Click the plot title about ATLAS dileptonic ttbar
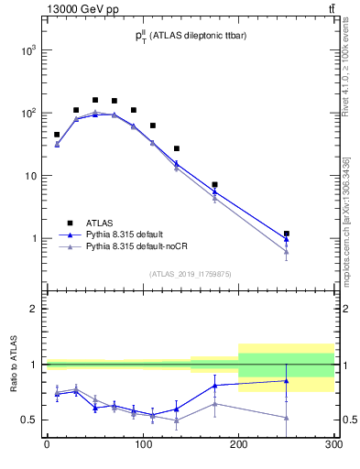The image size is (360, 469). click(x=189, y=37)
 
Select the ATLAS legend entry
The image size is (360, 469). click(x=100, y=223)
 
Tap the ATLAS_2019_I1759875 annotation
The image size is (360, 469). click(x=189, y=273)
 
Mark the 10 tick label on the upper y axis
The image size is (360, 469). click(x=29, y=176)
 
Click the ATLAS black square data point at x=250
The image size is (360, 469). click(x=287, y=234)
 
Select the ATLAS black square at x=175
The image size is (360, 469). click(x=214, y=185)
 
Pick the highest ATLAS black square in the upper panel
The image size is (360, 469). click(x=95, y=100)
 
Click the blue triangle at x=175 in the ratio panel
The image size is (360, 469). click(x=214, y=386)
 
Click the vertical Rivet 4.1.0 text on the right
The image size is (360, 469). click(x=344, y=73)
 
